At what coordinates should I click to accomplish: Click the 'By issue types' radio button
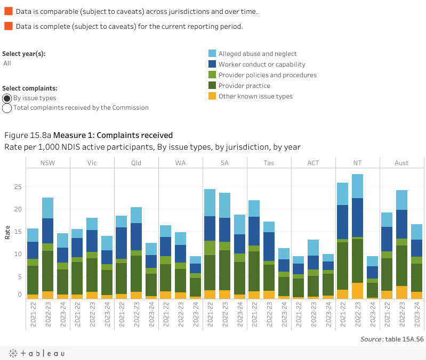pyautogui.click(x=7, y=98)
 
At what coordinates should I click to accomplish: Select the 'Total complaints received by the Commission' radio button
pyautogui.click(x=7, y=108)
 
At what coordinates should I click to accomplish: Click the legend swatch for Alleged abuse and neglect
pyautogui.click(x=212, y=54)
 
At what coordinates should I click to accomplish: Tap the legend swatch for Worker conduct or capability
pyautogui.click(x=212, y=64)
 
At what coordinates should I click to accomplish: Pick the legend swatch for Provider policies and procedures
pyautogui.click(x=212, y=75)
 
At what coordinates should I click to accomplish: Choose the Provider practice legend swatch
pyautogui.click(x=212, y=86)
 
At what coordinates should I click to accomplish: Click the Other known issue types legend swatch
pyautogui.click(x=212, y=96)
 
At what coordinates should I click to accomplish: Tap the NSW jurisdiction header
pyautogui.click(x=47, y=162)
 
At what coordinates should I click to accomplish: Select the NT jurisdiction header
pyautogui.click(x=357, y=162)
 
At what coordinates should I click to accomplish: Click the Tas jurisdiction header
pyautogui.click(x=269, y=162)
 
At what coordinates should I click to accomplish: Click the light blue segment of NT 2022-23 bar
pyautogui.click(x=357, y=186)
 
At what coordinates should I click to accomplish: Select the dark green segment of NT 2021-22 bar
pyautogui.click(x=342, y=266)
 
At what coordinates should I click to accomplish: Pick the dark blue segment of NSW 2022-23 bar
pyautogui.click(x=47, y=231)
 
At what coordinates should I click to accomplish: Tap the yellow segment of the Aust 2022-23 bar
pyautogui.click(x=401, y=292)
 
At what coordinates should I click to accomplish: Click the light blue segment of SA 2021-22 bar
pyautogui.click(x=210, y=202)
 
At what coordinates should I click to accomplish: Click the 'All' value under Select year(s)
pyautogui.click(x=7, y=63)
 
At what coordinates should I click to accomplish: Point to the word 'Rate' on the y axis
pyautogui.click(x=7, y=232)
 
